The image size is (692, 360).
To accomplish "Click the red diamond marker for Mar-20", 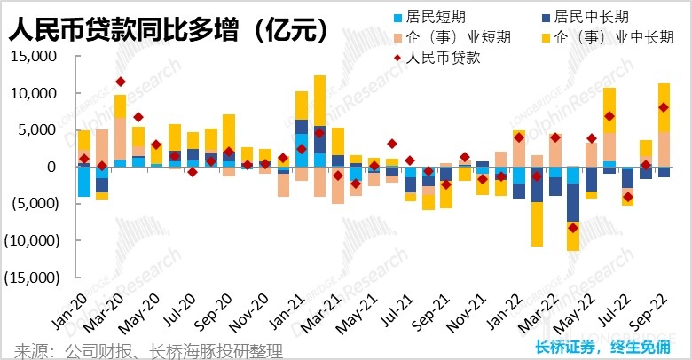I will click(x=120, y=82).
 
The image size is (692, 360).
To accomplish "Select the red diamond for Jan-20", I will click(x=84, y=159).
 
